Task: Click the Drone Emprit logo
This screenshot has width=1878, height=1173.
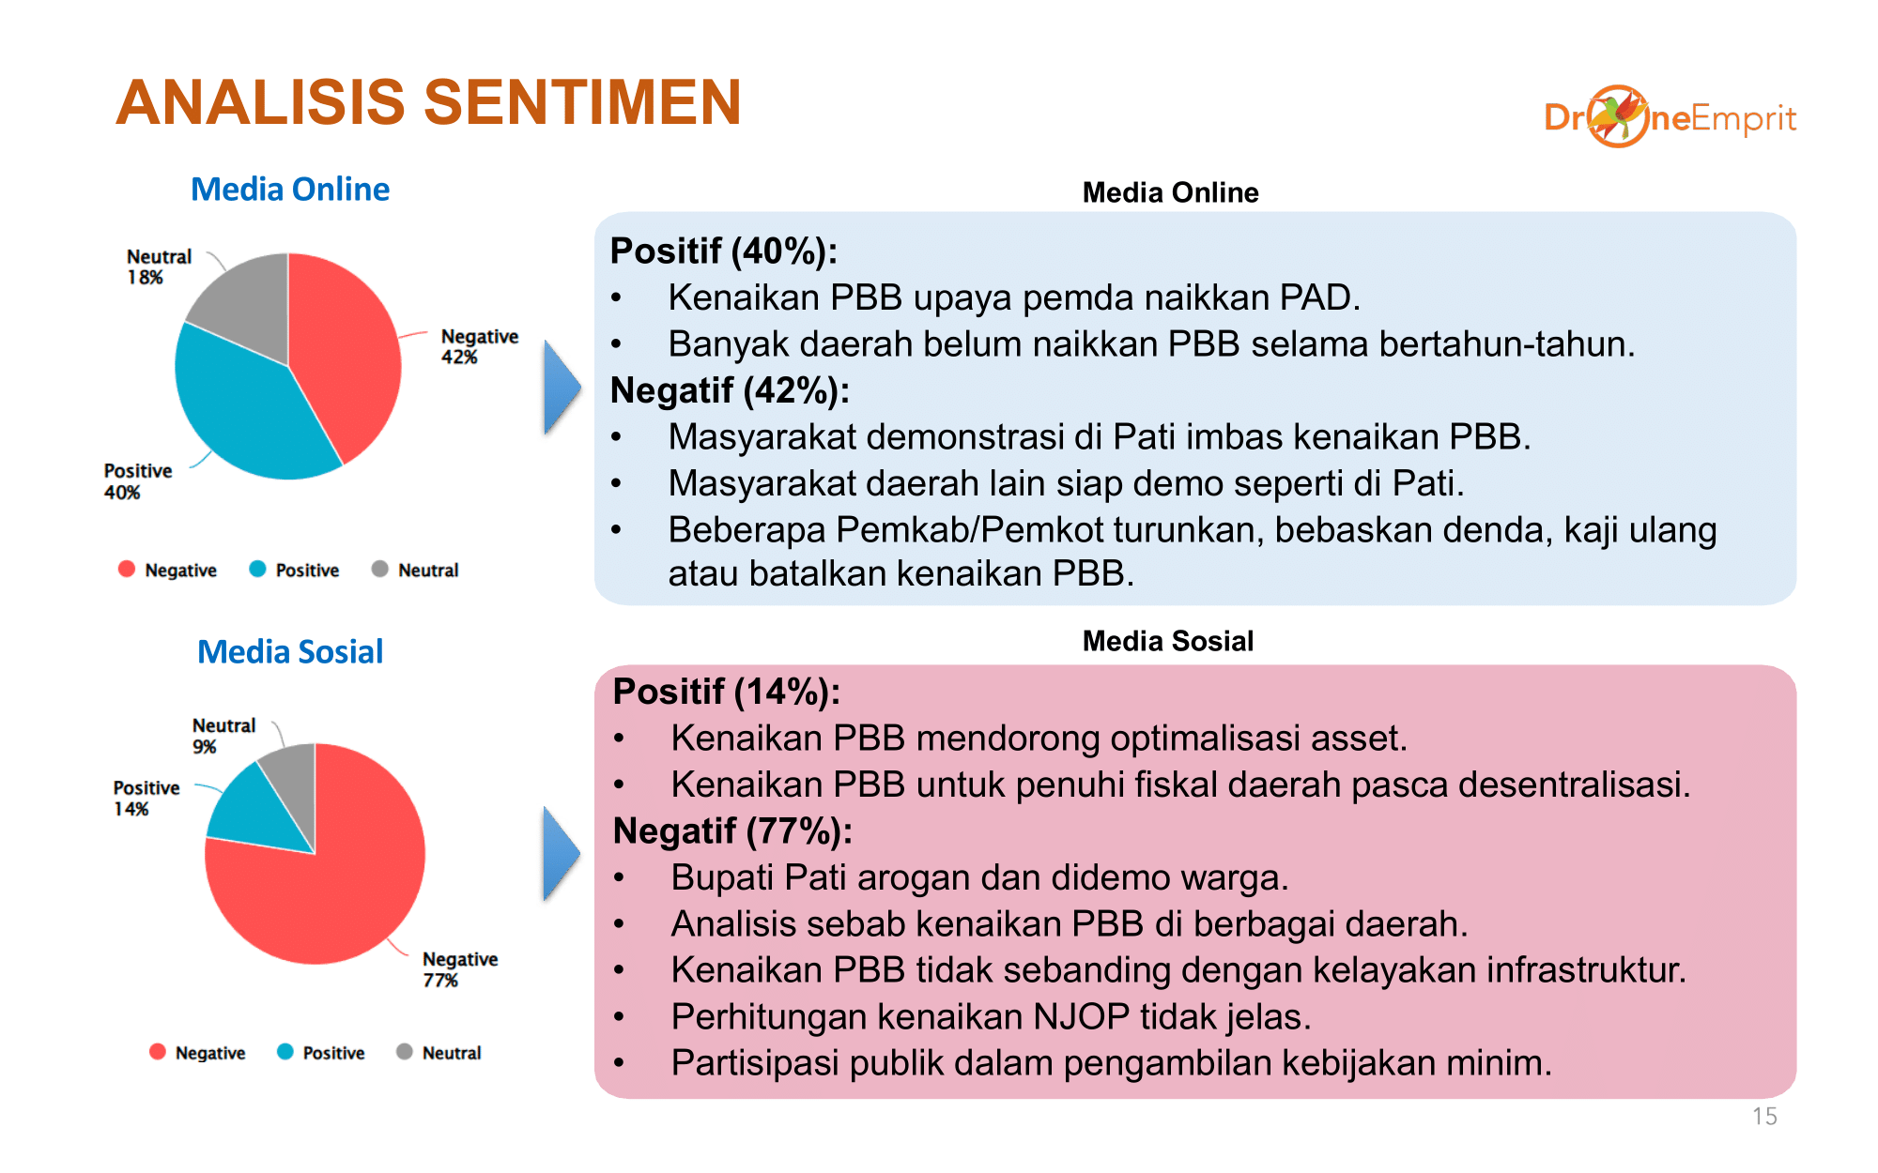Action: tap(1670, 117)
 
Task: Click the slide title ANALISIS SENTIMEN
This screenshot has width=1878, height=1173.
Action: tap(429, 101)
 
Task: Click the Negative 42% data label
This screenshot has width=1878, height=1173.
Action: tap(479, 346)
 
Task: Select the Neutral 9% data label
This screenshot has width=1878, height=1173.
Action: tap(223, 736)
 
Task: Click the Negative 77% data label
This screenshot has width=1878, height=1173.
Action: tap(460, 969)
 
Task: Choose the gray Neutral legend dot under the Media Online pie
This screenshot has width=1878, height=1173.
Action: tap(379, 569)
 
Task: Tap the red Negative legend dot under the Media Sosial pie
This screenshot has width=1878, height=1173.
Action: tap(158, 1052)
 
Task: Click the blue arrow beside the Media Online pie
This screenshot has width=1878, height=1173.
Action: tap(562, 388)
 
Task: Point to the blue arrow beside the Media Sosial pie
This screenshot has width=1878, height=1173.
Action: tap(562, 853)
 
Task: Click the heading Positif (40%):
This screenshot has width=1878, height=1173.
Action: tap(723, 251)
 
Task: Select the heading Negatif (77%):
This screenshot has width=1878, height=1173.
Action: tap(732, 831)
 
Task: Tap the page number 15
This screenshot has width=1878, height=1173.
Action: tap(1764, 1117)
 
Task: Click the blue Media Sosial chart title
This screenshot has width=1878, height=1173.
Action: tap(290, 651)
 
